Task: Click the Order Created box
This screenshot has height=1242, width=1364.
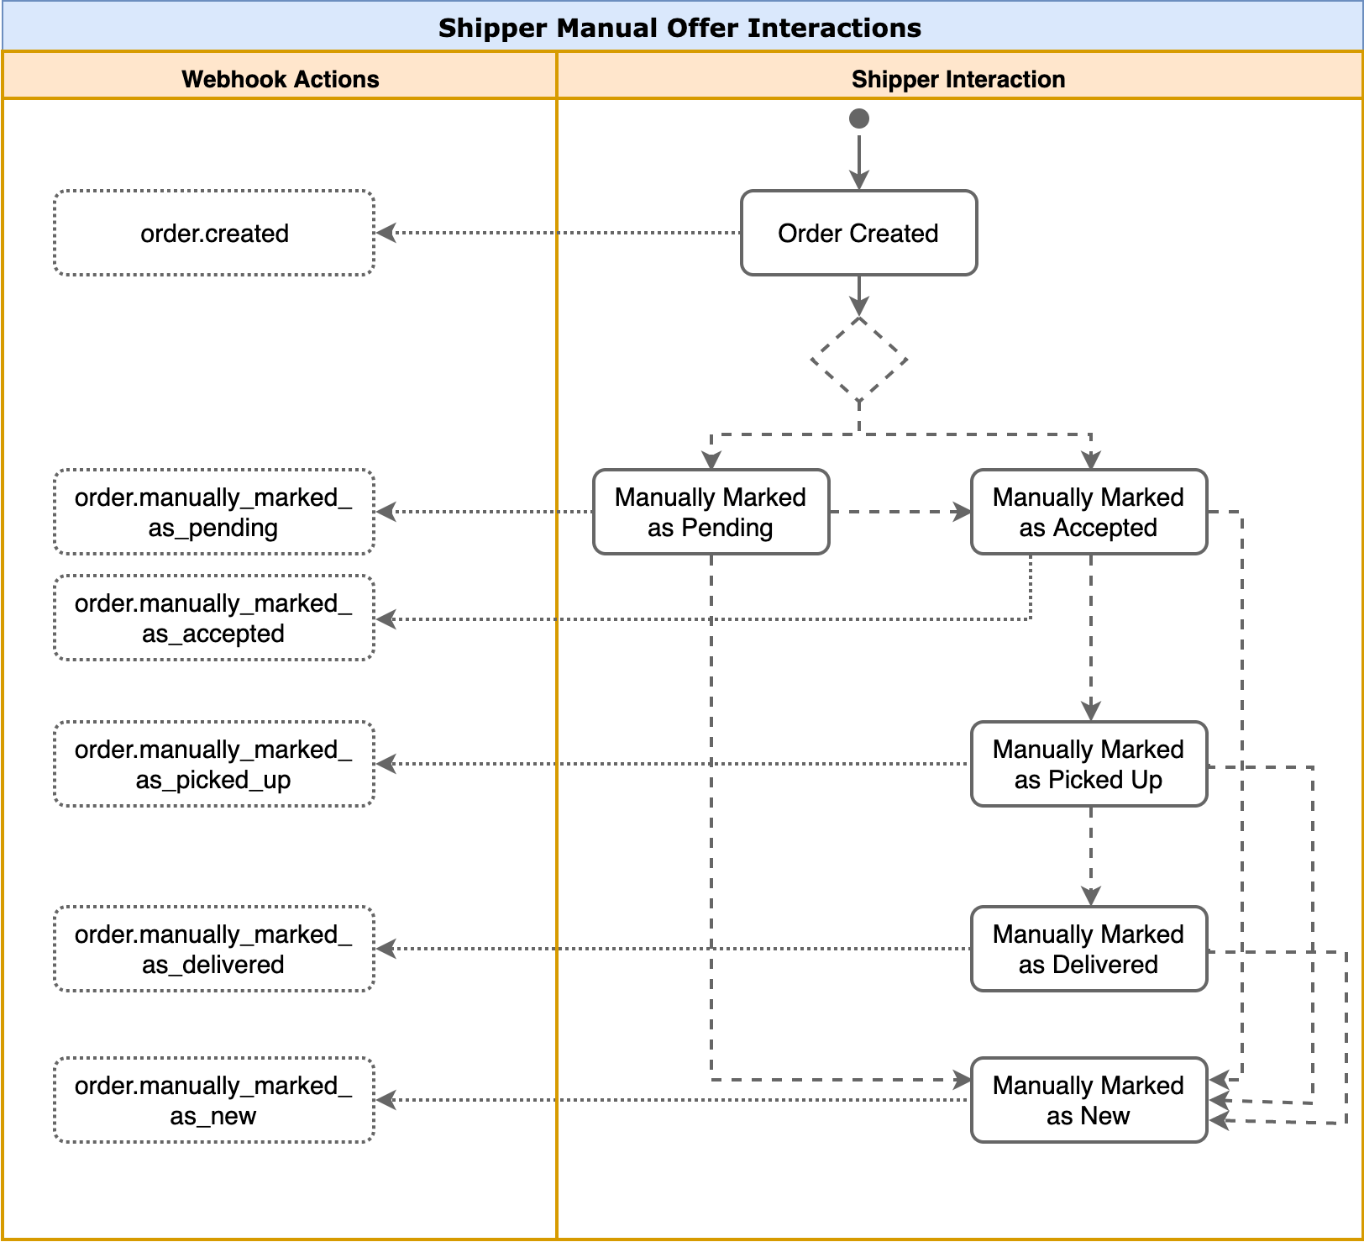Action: click(858, 233)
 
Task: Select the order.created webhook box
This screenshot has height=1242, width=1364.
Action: click(214, 233)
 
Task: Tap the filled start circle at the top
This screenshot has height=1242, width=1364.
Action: click(858, 118)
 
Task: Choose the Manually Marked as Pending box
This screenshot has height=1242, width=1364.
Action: click(711, 512)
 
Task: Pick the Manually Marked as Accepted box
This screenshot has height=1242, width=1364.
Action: click(1089, 512)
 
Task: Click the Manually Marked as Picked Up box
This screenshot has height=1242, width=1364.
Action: click(1089, 764)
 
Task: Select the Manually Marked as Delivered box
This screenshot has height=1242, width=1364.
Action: click(1089, 949)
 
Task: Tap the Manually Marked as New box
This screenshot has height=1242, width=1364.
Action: click(1089, 1100)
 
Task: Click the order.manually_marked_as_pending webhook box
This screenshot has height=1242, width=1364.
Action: click(214, 512)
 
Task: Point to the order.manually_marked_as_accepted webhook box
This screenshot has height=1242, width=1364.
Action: click(214, 618)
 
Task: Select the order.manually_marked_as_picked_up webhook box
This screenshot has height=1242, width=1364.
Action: click(214, 764)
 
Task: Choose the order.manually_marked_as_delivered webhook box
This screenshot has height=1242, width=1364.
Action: click(214, 949)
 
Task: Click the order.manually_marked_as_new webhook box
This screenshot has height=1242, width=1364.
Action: click(214, 1100)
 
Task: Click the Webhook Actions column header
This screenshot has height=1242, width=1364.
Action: click(280, 78)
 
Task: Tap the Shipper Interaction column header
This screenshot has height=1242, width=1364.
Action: click(958, 78)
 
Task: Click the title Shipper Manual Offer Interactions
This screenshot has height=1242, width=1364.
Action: click(680, 28)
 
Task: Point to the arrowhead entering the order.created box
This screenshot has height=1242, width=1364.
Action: click(386, 233)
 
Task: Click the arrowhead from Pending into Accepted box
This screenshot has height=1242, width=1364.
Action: click(962, 512)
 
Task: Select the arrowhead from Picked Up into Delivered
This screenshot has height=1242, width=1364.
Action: click(1091, 897)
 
